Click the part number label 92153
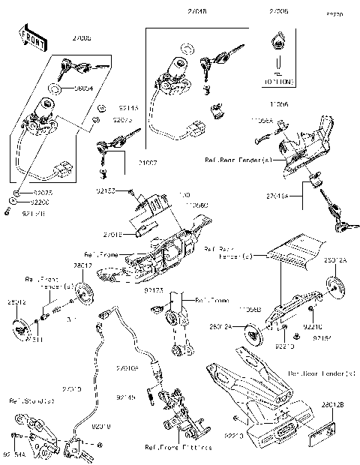pyautogui.click(x=106, y=191)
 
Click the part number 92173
pyautogui.click(x=154, y=289)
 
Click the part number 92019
pyautogui.click(x=100, y=427)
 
